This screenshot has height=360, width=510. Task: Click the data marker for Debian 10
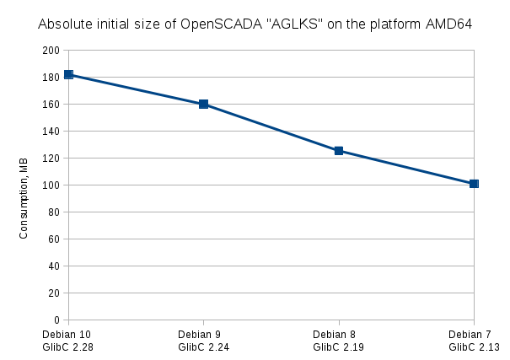click(x=68, y=75)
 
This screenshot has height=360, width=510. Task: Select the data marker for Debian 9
click(x=203, y=105)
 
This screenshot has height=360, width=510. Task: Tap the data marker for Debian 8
click(x=339, y=151)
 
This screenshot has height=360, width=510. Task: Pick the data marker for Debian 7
click(x=474, y=184)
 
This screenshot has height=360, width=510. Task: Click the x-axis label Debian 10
click(x=67, y=335)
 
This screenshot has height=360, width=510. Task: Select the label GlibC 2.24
click(x=202, y=347)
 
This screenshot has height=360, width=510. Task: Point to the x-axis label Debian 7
click(x=475, y=335)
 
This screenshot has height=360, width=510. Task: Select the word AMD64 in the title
click(x=448, y=24)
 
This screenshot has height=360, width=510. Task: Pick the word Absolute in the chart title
click(x=64, y=24)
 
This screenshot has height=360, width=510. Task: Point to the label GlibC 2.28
click(x=67, y=347)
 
